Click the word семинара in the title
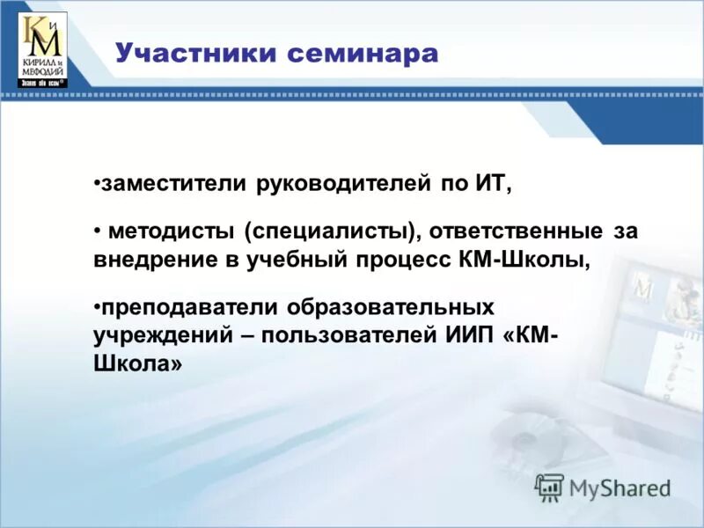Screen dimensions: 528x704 coord(361,54)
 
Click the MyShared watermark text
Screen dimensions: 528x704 coord(620,488)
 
